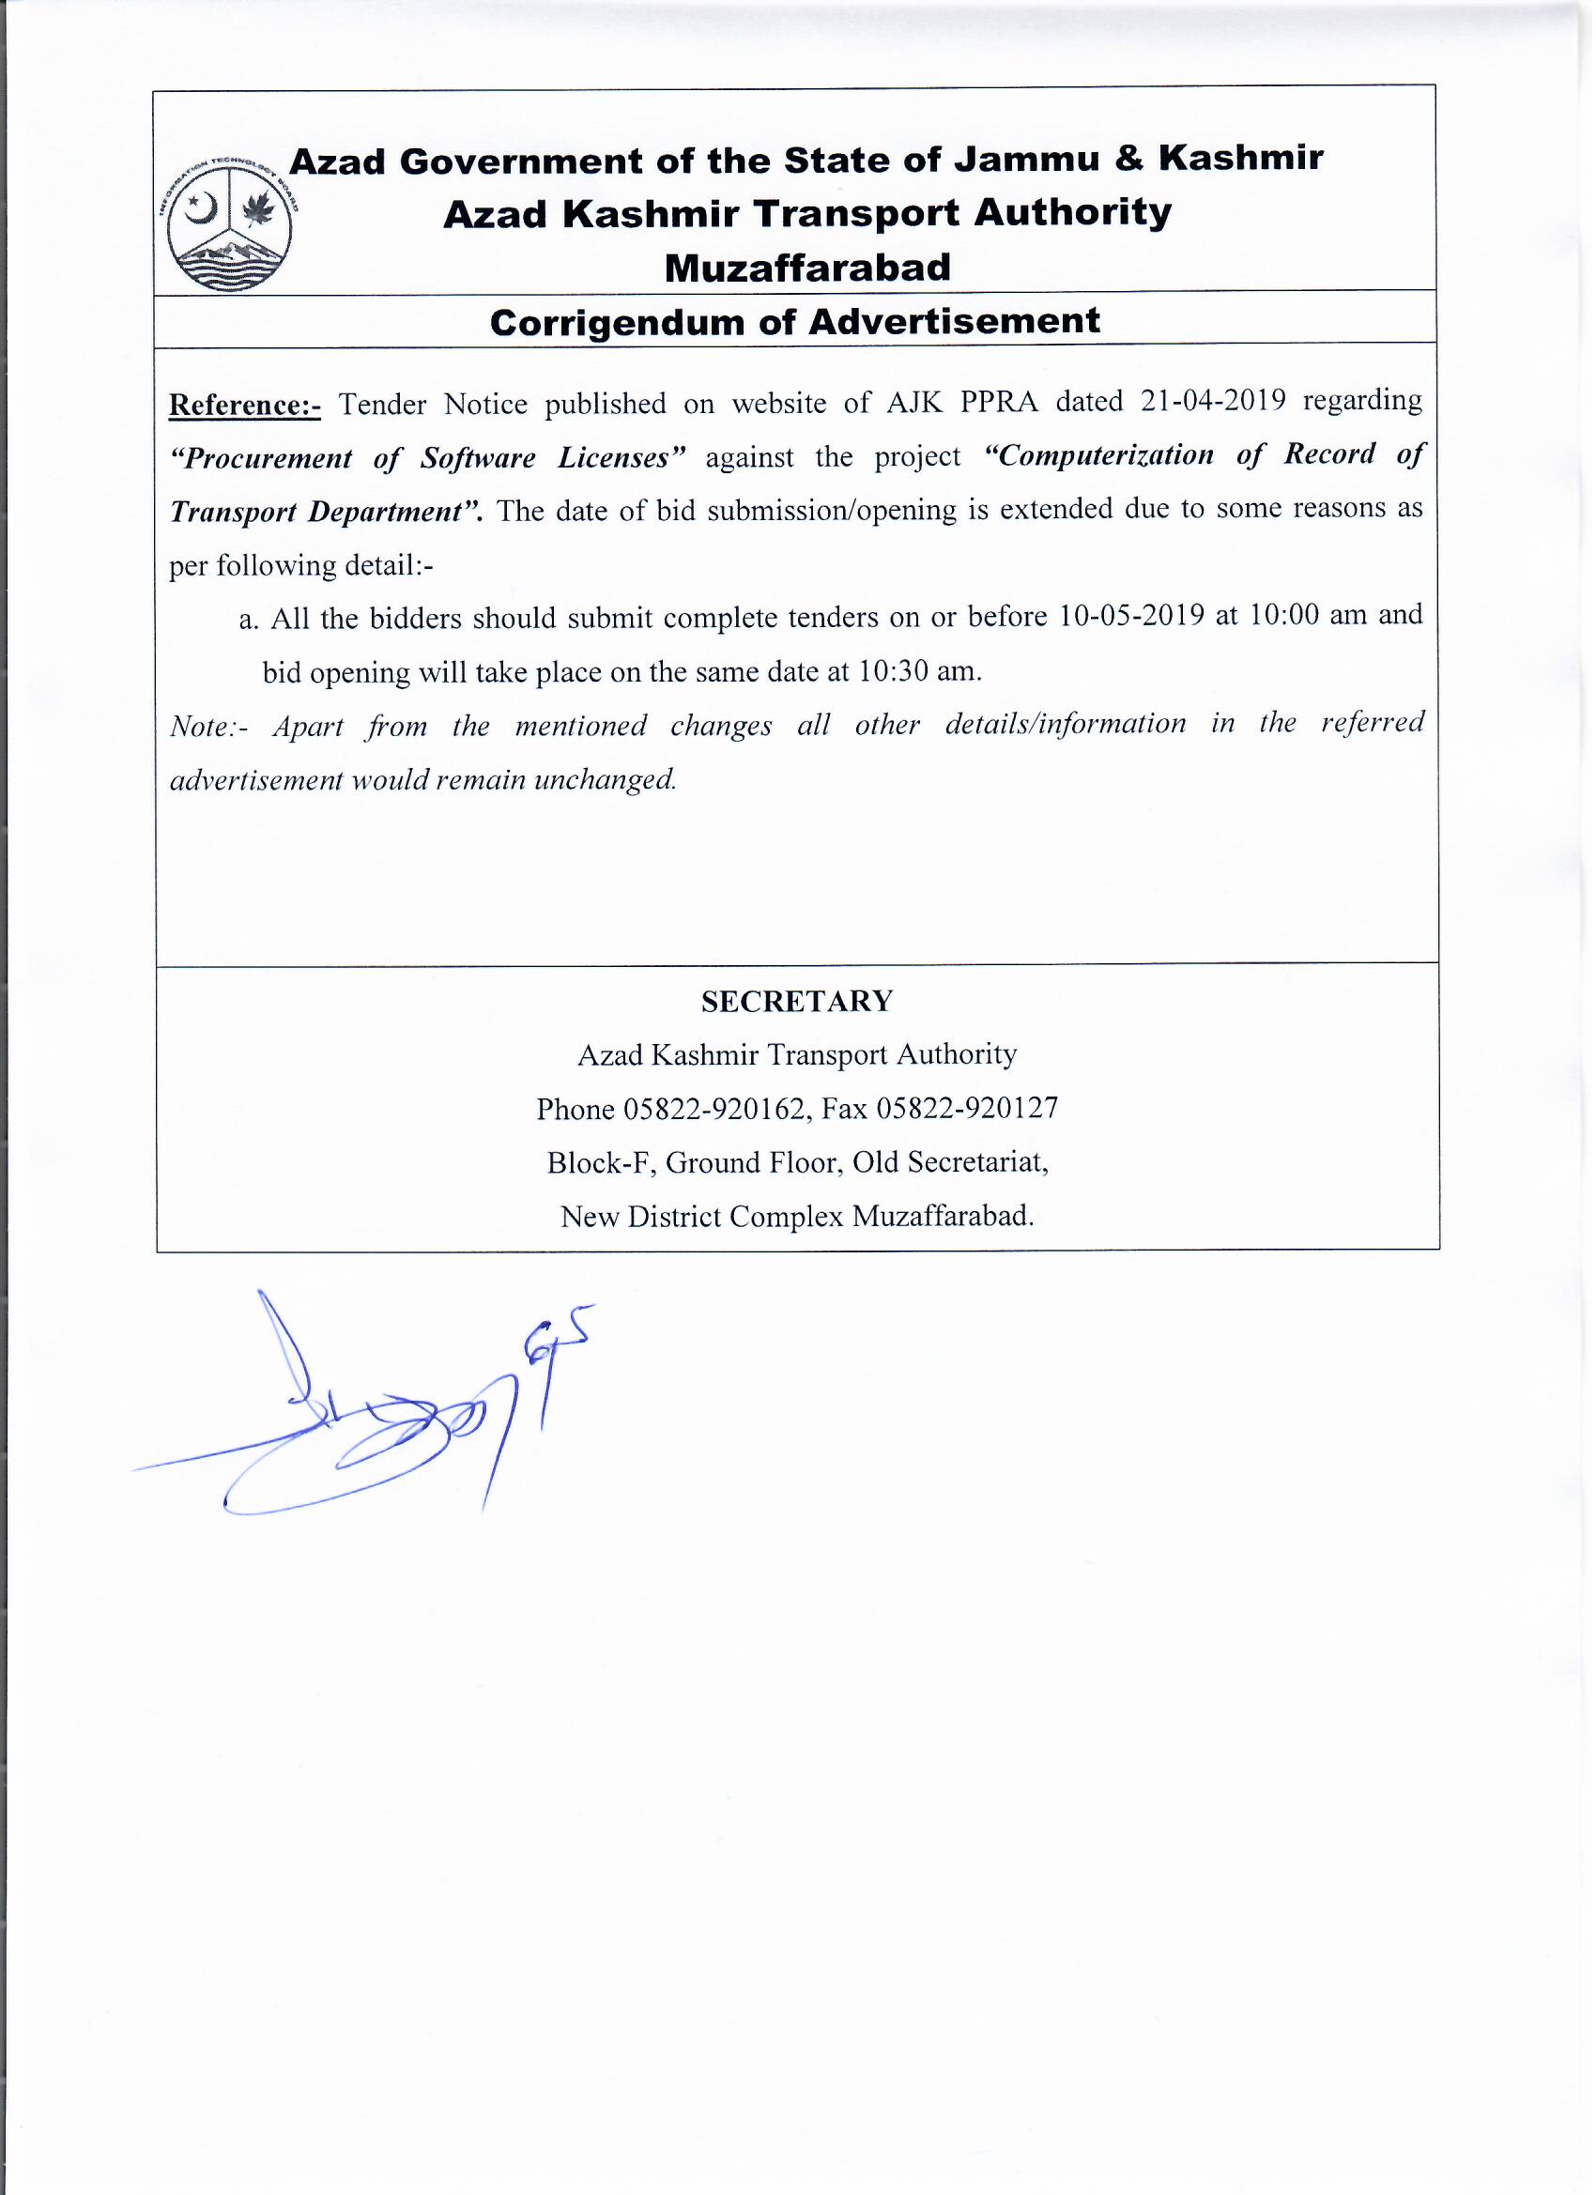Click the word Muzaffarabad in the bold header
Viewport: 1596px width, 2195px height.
pos(807,269)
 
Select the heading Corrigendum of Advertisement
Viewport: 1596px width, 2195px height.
pos(794,322)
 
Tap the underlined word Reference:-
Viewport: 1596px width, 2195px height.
pos(245,405)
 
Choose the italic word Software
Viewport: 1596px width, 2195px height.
pos(477,457)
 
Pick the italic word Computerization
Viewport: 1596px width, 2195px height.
pos(1097,455)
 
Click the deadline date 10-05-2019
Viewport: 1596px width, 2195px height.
pos(1131,617)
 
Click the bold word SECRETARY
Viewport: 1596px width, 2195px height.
pos(796,1002)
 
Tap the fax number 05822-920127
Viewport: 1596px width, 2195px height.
pos(967,1108)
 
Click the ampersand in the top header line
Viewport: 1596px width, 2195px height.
pos(1128,158)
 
